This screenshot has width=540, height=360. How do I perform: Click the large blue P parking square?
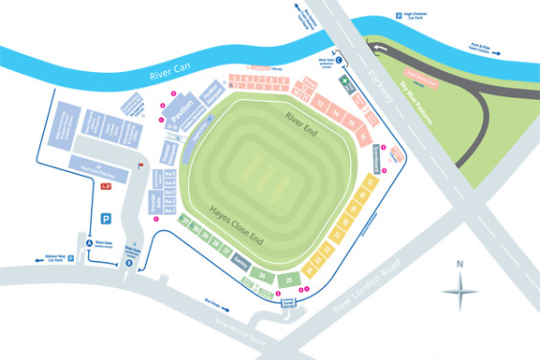[x=105, y=219]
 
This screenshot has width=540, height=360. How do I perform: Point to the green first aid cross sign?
[x=347, y=85]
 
